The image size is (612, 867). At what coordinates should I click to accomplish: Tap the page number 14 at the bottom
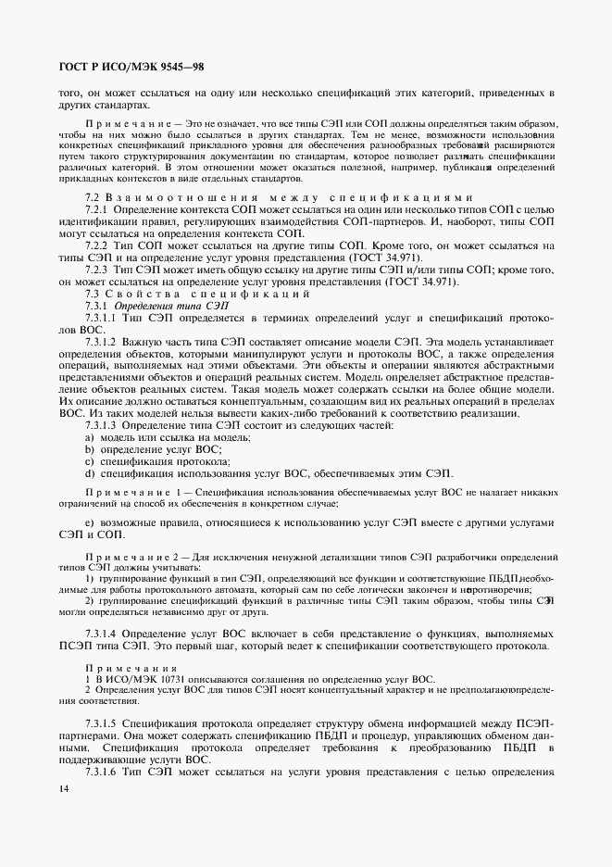63,788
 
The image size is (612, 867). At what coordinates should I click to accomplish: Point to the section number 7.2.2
99,245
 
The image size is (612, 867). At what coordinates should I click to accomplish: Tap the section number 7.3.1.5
105,720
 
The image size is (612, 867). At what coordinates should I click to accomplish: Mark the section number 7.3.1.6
105,772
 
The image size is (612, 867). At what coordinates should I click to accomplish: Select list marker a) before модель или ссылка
90,436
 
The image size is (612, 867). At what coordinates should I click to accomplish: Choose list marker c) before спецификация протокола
90,461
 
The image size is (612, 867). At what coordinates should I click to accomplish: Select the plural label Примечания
119,669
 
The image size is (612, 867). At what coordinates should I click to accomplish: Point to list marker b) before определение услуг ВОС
90,448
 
